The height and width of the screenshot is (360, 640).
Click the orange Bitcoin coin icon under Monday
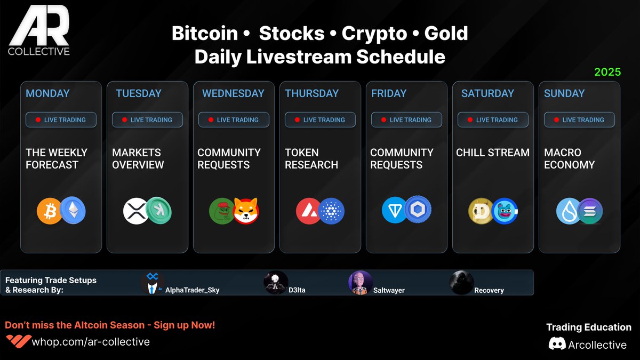pyautogui.click(x=49, y=211)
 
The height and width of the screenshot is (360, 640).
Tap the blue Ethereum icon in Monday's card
pyautogui.click(x=73, y=211)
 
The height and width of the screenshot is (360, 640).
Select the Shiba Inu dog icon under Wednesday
pyautogui.click(x=246, y=211)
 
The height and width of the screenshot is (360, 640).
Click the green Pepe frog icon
pyautogui.click(x=221, y=211)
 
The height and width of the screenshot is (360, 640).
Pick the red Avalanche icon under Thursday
pyautogui.click(x=308, y=211)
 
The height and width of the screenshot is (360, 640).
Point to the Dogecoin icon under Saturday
pyautogui.click(x=481, y=211)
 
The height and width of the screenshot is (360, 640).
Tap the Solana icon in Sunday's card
pyautogui.click(x=590, y=211)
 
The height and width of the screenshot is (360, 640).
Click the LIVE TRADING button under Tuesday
pyautogui.click(x=147, y=120)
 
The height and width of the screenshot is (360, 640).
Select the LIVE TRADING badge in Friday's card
pyautogui.click(x=406, y=120)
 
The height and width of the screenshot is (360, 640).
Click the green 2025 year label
pyautogui.click(x=607, y=72)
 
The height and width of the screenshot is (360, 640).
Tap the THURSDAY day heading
pyautogui.click(x=312, y=93)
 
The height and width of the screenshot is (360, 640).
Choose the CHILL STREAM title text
pyautogui.click(x=493, y=153)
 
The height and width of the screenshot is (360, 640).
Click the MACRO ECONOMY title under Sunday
pyautogui.click(x=569, y=158)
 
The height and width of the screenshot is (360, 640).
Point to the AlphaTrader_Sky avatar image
pyautogui.click(x=152, y=283)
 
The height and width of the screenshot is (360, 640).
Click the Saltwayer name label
pyautogui.click(x=388, y=290)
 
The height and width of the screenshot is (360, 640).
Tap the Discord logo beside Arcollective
pyautogui.click(x=557, y=344)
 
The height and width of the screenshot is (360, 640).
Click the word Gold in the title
pyautogui.click(x=446, y=34)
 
